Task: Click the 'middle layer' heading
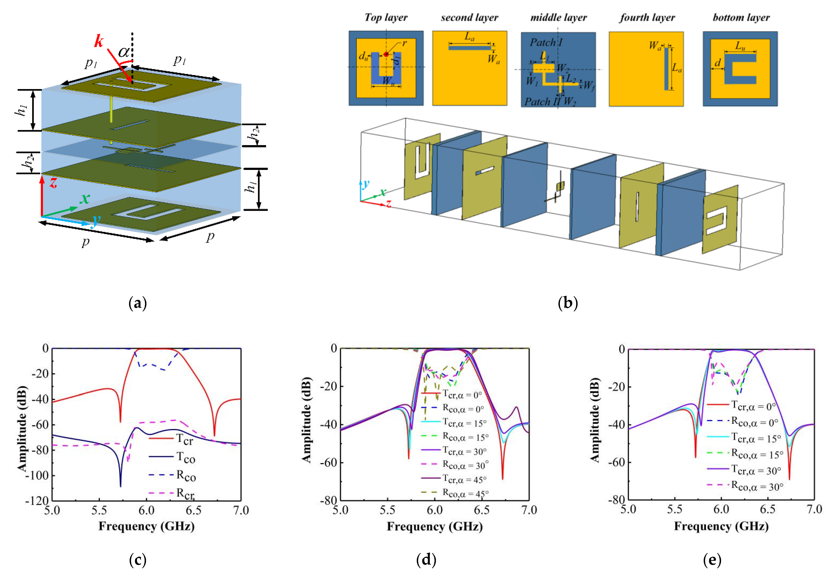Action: [x=558, y=17]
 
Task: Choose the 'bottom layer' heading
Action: [x=741, y=17]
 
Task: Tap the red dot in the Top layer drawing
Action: [x=386, y=54]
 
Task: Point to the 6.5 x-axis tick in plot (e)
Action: [x=768, y=509]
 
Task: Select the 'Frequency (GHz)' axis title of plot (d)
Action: [x=435, y=526]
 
